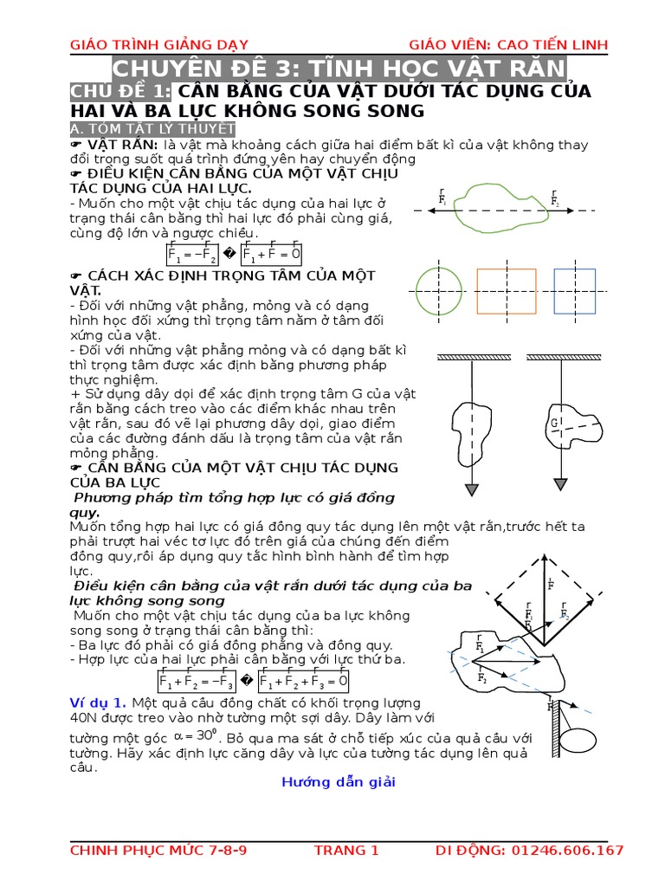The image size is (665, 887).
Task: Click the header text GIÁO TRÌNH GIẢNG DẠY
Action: tap(150, 45)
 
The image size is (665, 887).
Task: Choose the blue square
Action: tap(574, 290)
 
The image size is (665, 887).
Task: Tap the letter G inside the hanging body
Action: tap(551, 424)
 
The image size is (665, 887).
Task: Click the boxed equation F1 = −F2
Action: tap(192, 254)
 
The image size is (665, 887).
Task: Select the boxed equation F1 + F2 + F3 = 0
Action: tap(303, 681)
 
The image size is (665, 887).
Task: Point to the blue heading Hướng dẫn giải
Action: tap(338, 781)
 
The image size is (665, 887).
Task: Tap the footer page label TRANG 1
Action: tap(346, 851)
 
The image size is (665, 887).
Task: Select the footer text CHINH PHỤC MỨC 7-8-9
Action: tap(158, 851)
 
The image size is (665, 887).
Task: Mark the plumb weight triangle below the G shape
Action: tap(564, 489)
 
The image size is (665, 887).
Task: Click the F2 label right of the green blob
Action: tap(554, 200)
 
